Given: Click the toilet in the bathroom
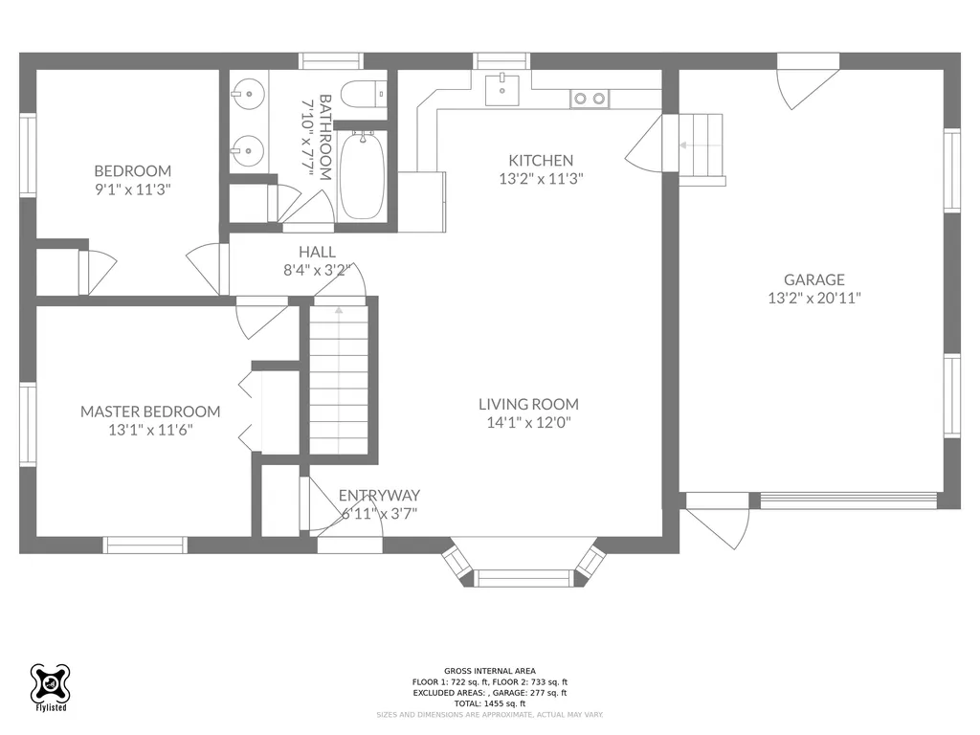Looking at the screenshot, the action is [365, 96].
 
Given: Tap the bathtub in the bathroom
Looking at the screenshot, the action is [362, 175].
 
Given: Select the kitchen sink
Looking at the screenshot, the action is [501, 89].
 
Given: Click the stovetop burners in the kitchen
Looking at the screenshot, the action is [590, 99].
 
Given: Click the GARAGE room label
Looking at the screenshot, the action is [814, 279].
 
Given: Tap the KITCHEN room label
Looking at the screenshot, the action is [541, 160].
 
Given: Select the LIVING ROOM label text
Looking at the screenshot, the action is [528, 405].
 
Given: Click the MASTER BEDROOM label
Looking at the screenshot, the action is [150, 412].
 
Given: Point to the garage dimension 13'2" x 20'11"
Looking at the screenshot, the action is [814, 299].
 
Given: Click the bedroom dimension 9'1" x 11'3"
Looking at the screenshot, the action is [132, 189].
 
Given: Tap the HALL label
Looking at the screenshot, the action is [317, 252].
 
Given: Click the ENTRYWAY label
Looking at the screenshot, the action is [379, 495].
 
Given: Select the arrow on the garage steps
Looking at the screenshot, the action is [692, 145].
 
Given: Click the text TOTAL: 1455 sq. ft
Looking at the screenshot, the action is [490, 703].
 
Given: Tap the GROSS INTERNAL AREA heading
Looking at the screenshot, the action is [490, 671].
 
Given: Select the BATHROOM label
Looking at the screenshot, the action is [325, 137].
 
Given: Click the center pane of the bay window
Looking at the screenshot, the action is [523, 578].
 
